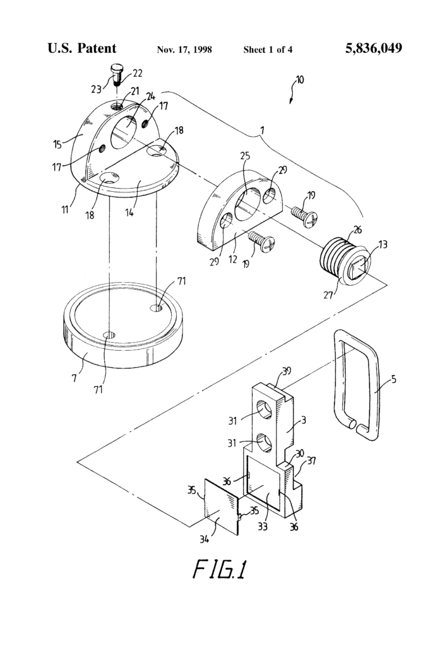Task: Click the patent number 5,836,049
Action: click(x=374, y=49)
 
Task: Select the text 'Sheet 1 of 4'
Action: click(x=268, y=49)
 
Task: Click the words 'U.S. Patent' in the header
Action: click(x=81, y=49)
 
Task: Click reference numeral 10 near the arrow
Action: click(x=298, y=80)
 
